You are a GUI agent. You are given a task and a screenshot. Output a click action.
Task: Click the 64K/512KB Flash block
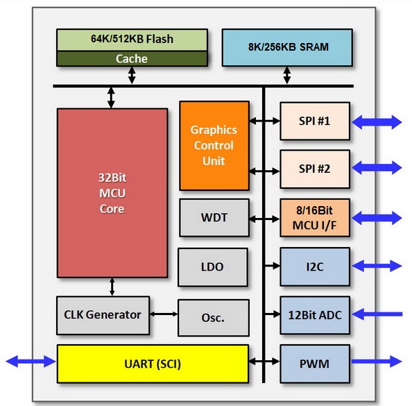pos(132,40)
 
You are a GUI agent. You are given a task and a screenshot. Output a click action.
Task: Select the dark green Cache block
pos(132,58)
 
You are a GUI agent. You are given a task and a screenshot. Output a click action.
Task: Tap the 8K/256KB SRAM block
pos(287,47)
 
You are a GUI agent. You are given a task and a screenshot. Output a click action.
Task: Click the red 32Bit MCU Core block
pos(112,193)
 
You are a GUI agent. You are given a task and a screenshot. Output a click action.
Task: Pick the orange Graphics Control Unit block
pos(214,146)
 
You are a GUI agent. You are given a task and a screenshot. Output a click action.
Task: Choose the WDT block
pos(214,217)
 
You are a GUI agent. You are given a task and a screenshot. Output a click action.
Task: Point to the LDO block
pos(212,267)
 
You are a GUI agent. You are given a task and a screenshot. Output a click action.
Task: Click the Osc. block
pos(214,318)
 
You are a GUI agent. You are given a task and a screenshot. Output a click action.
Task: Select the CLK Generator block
pos(103,315)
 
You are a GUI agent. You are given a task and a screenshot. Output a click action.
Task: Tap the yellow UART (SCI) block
pos(153,364)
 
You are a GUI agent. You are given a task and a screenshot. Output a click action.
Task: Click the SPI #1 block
pos(315,121)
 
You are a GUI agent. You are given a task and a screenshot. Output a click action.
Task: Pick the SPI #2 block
pos(315,169)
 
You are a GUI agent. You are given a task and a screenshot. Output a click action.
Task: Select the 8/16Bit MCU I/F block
pos(315,218)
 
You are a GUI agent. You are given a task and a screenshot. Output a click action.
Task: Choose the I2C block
pos(315,267)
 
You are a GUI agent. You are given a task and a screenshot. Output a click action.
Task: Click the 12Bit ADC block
pos(315,315)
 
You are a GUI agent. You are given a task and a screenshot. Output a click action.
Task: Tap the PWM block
pos(315,364)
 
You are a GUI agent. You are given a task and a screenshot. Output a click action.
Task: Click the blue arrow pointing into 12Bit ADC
pos(377,314)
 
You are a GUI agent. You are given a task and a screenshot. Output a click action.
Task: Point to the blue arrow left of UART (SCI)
pos(31,362)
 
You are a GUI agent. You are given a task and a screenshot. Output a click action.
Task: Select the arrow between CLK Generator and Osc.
pos(164,314)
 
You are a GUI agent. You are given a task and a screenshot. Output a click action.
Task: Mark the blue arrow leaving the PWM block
pos(377,362)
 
